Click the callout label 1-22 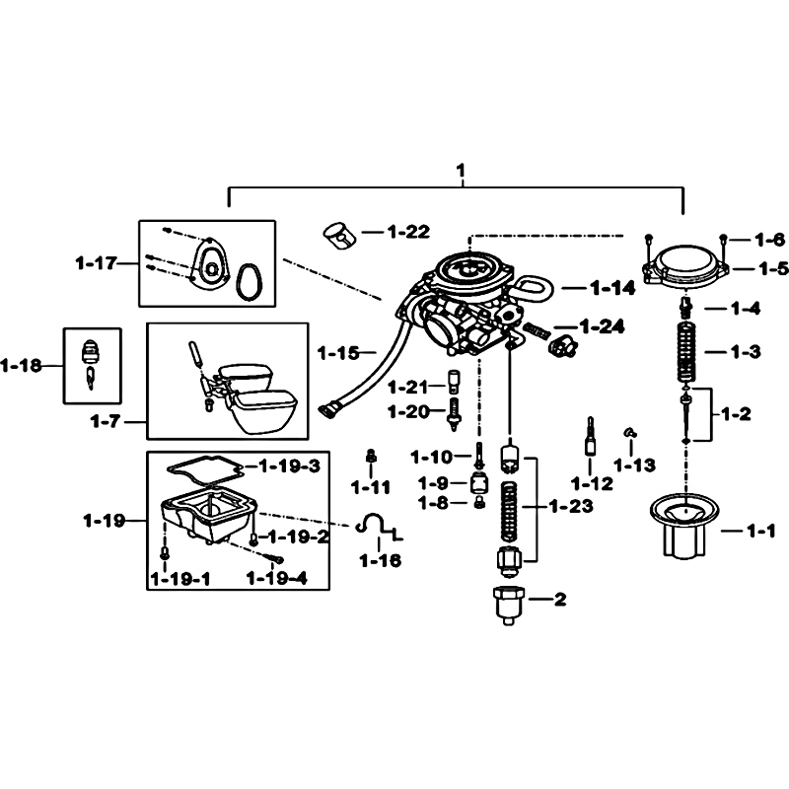point(408,232)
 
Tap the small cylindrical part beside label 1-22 point(339,235)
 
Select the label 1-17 point(96,262)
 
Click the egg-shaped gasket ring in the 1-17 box point(250,281)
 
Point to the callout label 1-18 point(21,365)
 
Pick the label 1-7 point(106,421)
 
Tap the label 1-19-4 point(277,579)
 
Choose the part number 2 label point(560,599)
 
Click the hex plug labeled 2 point(508,605)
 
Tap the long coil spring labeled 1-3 point(686,352)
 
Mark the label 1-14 point(612,288)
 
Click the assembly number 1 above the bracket point(461,171)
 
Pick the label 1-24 point(602,327)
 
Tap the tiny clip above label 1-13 point(630,432)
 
